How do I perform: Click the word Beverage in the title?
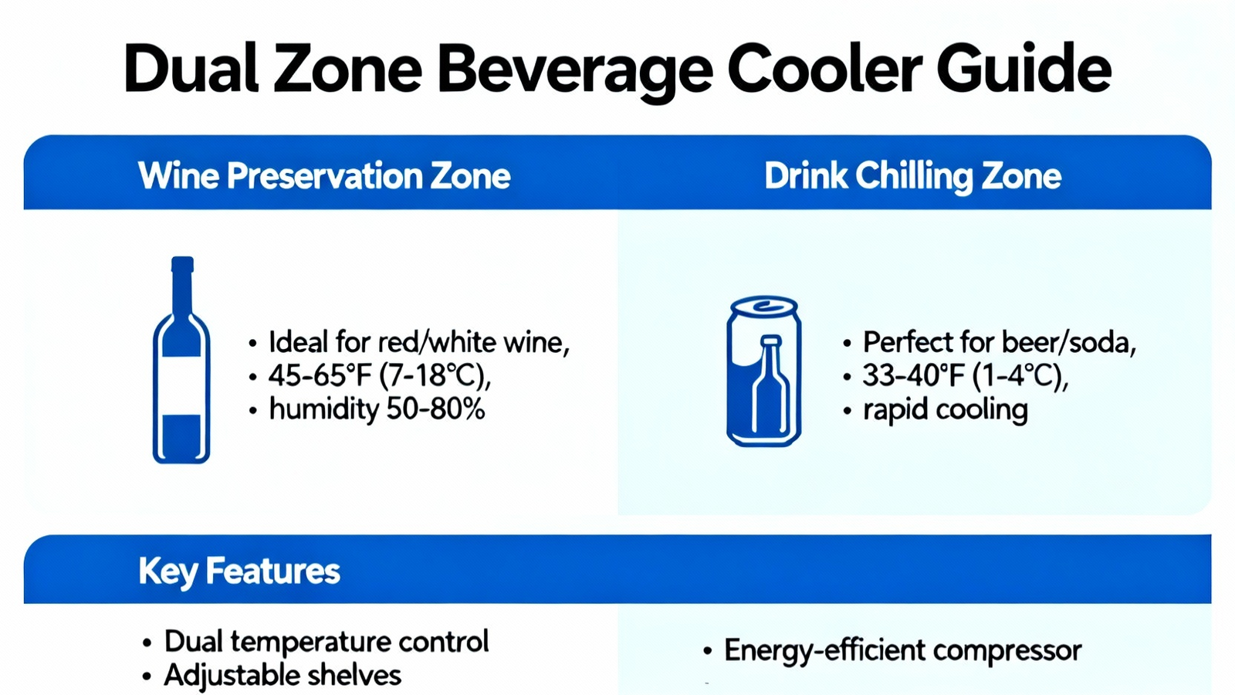point(575,70)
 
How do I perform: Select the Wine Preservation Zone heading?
point(324,176)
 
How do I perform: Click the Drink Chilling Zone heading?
point(912,177)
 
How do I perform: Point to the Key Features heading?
point(239,571)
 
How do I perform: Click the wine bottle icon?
point(181,360)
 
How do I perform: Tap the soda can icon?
point(763,371)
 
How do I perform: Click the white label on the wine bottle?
point(181,385)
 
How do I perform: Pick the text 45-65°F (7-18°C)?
point(379,375)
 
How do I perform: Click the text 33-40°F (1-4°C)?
point(965,375)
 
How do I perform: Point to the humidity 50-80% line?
point(377,409)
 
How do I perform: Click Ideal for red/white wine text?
point(419,342)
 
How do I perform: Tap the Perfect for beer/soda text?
point(999,342)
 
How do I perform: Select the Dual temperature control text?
point(327,642)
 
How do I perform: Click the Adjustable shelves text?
point(283,675)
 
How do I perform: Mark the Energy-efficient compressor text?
point(902,650)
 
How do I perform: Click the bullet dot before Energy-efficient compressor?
point(707,652)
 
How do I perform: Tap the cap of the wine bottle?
point(182,264)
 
